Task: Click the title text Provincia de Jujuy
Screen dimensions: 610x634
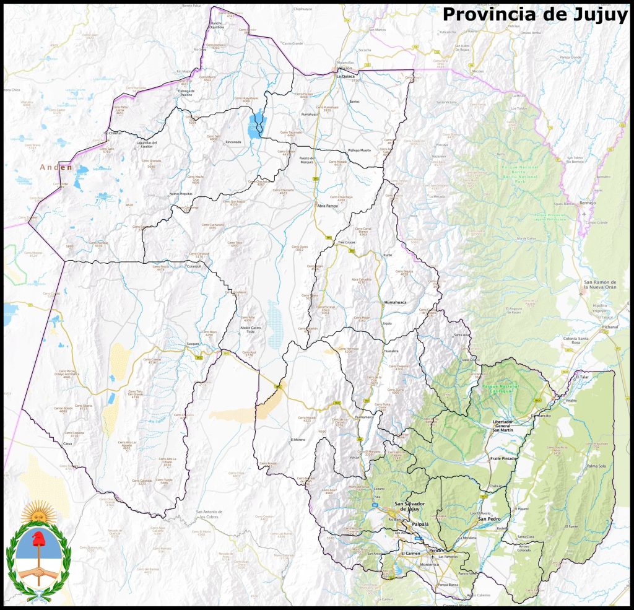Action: click(x=535, y=14)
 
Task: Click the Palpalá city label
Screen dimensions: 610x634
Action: click(x=420, y=524)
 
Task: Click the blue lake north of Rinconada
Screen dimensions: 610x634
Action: click(x=254, y=126)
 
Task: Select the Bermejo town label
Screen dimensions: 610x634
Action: click(x=588, y=203)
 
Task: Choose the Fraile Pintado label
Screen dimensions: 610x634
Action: click(x=503, y=458)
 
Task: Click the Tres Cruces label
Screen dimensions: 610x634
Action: click(x=347, y=242)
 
